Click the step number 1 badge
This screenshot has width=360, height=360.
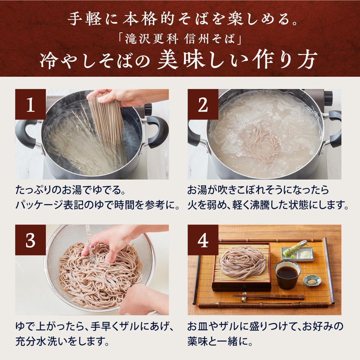click(x=31, y=105)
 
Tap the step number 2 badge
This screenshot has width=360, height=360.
click(x=203, y=105)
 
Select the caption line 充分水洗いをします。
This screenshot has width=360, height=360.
click(x=62, y=341)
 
